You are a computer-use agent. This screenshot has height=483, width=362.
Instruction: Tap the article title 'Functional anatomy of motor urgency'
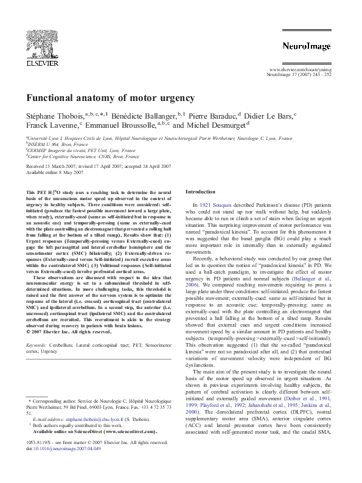[110, 98]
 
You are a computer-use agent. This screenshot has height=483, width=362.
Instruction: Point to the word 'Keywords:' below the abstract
[38, 346]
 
